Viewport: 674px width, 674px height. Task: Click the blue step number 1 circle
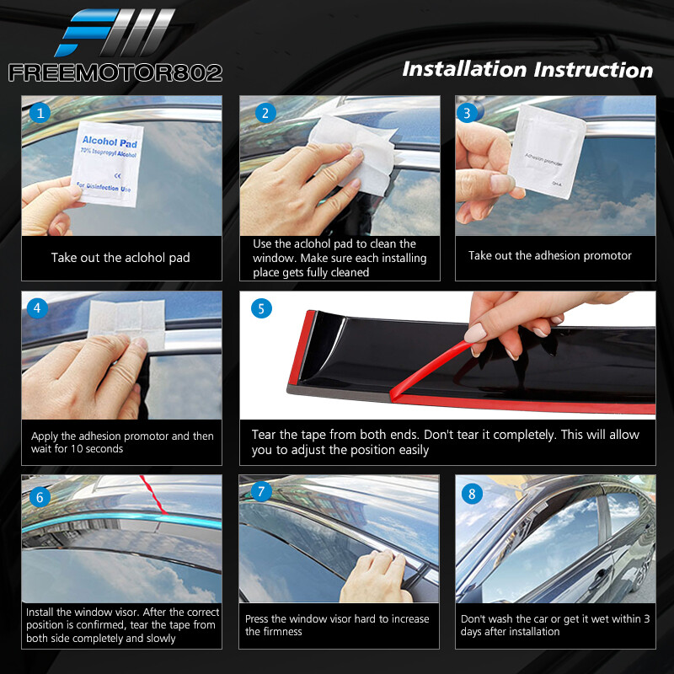pos(40,113)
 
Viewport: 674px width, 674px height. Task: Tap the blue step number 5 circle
pos(261,308)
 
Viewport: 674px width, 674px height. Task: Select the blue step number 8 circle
pos(472,494)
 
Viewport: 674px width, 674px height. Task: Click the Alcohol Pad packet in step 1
pos(108,163)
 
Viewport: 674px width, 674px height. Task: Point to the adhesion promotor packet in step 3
pos(547,152)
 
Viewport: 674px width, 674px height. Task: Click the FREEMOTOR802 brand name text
pos(115,72)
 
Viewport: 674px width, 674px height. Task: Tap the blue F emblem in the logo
pos(86,33)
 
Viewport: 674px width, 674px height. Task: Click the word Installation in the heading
pos(464,69)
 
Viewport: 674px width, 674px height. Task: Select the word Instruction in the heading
pos(593,70)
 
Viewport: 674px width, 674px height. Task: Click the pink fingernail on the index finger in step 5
pos(474,333)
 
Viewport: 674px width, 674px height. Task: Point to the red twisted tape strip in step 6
pos(153,495)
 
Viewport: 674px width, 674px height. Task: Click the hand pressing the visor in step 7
pos(375,576)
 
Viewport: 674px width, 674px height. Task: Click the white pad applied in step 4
pos(126,323)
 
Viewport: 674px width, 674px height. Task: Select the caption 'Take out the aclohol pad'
pos(120,258)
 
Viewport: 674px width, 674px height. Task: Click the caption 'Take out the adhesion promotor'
pos(550,255)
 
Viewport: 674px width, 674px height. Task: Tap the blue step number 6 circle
pos(40,497)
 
